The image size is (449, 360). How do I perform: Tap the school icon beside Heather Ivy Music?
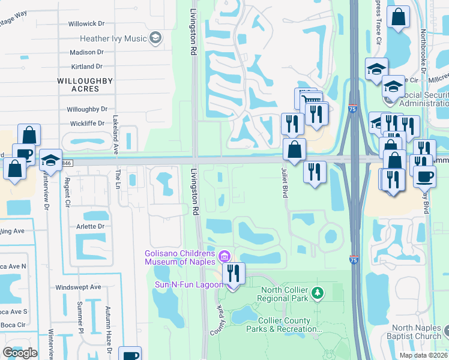[x=155, y=38]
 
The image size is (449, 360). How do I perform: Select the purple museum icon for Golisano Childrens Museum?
[x=225, y=257]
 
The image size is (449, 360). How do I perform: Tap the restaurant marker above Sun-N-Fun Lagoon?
[x=234, y=274]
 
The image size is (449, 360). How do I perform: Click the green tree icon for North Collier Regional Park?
[x=320, y=293]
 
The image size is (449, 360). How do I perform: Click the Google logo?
[x=20, y=353]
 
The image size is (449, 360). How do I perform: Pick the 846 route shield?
[x=52, y=162]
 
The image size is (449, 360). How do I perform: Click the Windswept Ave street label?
[x=78, y=287]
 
